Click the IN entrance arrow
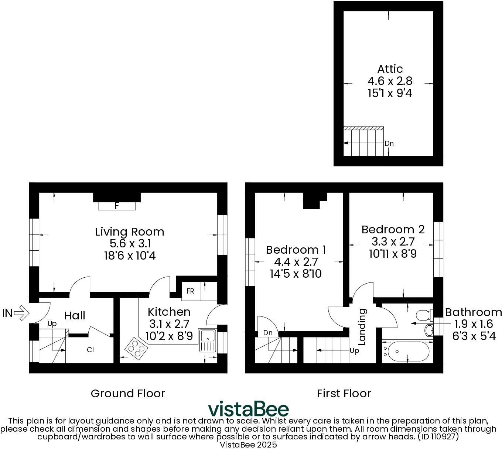click(21, 313)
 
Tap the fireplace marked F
click(117, 206)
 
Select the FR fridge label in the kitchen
click(190, 291)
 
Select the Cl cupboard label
click(90, 349)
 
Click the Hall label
click(75, 316)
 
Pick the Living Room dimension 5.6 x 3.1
click(130, 244)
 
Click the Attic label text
click(390, 69)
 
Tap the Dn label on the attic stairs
click(389, 143)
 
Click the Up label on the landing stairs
click(354, 351)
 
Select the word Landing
click(362, 327)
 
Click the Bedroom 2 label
click(393, 230)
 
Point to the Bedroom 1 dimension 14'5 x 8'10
click(296, 274)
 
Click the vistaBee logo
click(248, 409)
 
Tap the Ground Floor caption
click(128, 394)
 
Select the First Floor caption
click(344, 394)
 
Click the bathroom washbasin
click(429, 330)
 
